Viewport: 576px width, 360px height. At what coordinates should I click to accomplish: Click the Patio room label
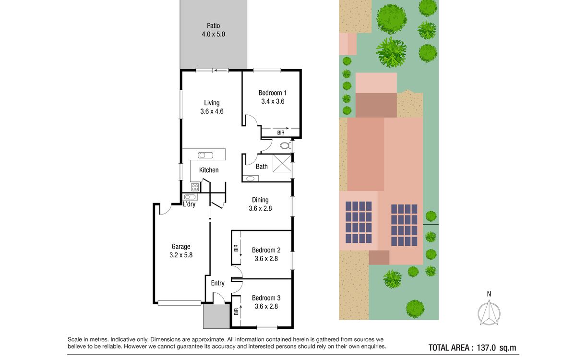tap(213, 26)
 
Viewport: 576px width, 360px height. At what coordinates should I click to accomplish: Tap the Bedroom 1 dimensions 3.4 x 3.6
tap(273, 101)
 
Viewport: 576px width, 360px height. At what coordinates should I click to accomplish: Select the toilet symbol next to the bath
tap(285, 146)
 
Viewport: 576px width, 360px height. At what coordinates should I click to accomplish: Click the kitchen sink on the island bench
tap(205, 155)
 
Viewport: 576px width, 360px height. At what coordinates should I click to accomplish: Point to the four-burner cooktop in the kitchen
tap(195, 187)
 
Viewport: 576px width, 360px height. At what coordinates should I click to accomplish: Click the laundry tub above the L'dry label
tap(190, 197)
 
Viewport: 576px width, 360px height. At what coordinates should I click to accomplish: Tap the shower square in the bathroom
tap(282, 163)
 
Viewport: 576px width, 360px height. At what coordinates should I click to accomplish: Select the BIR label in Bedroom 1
tap(281, 132)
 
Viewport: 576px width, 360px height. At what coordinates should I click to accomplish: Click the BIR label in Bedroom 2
tap(236, 248)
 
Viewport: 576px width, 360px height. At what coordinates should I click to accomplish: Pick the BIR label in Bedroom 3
tap(236, 312)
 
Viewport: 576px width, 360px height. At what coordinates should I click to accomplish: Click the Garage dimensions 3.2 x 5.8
tap(181, 255)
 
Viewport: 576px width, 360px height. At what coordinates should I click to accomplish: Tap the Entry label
tap(217, 283)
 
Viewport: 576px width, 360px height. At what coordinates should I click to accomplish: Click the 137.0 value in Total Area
tap(486, 348)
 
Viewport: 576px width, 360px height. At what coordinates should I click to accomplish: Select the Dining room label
tap(260, 200)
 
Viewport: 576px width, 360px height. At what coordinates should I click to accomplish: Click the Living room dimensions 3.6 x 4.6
tap(212, 111)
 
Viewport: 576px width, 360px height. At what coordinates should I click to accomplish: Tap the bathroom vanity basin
tap(250, 179)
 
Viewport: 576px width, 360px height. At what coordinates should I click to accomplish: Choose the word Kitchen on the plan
tap(209, 170)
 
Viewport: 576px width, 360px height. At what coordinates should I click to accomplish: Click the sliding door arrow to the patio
tap(221, 71)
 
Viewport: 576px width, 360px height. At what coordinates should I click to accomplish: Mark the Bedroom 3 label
tap(266, 298)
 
